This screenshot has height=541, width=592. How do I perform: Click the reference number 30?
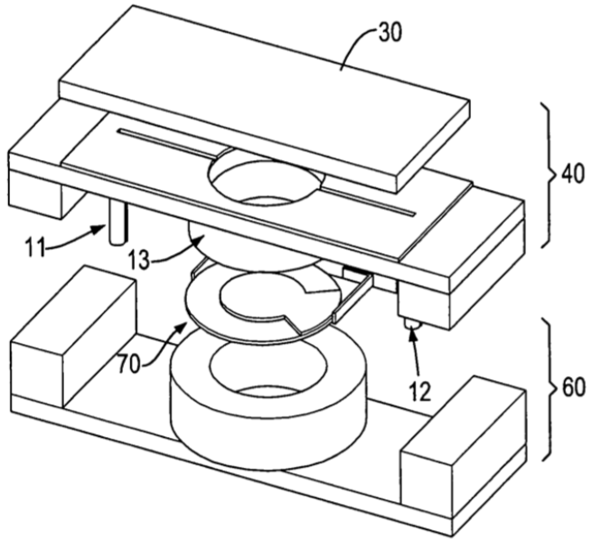(390, 33)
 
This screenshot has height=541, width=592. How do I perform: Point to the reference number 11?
(35, 248)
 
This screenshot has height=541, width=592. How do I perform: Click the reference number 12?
(420, 392)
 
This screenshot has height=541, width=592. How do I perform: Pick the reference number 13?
(138, 260)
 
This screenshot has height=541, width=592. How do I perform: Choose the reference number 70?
(129, 365)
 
